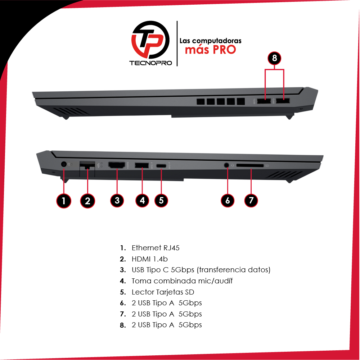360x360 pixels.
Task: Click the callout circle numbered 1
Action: [x=64, y=201]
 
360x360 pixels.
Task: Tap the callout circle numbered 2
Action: [x=87, y=201]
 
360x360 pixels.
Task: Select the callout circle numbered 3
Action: [x=117, y=200]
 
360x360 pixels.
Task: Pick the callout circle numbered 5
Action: [x=161, y=200]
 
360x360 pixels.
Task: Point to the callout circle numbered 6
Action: [x=228, y=200]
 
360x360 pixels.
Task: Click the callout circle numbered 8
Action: [x=274, y=58]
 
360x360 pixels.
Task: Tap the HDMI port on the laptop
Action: [x=117, y=165]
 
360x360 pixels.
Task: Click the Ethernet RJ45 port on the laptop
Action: [x=87, y=165]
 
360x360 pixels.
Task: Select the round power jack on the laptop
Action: [x=64, y=164]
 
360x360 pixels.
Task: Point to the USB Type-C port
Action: [x=161, y=166]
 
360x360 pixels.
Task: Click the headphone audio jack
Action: [x=227, y=165]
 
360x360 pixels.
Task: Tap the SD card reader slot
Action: [x=250, y=165]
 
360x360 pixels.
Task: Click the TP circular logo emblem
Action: [x=150, y=40]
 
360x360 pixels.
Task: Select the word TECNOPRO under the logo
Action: [x=150, y=63]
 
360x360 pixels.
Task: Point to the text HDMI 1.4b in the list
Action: [x=150, y=259]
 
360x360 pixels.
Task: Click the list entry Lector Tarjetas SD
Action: [x=163, y=292]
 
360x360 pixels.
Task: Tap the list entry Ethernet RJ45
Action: [x=156, y=248]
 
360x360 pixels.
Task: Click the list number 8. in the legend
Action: [x=123, y=325]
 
